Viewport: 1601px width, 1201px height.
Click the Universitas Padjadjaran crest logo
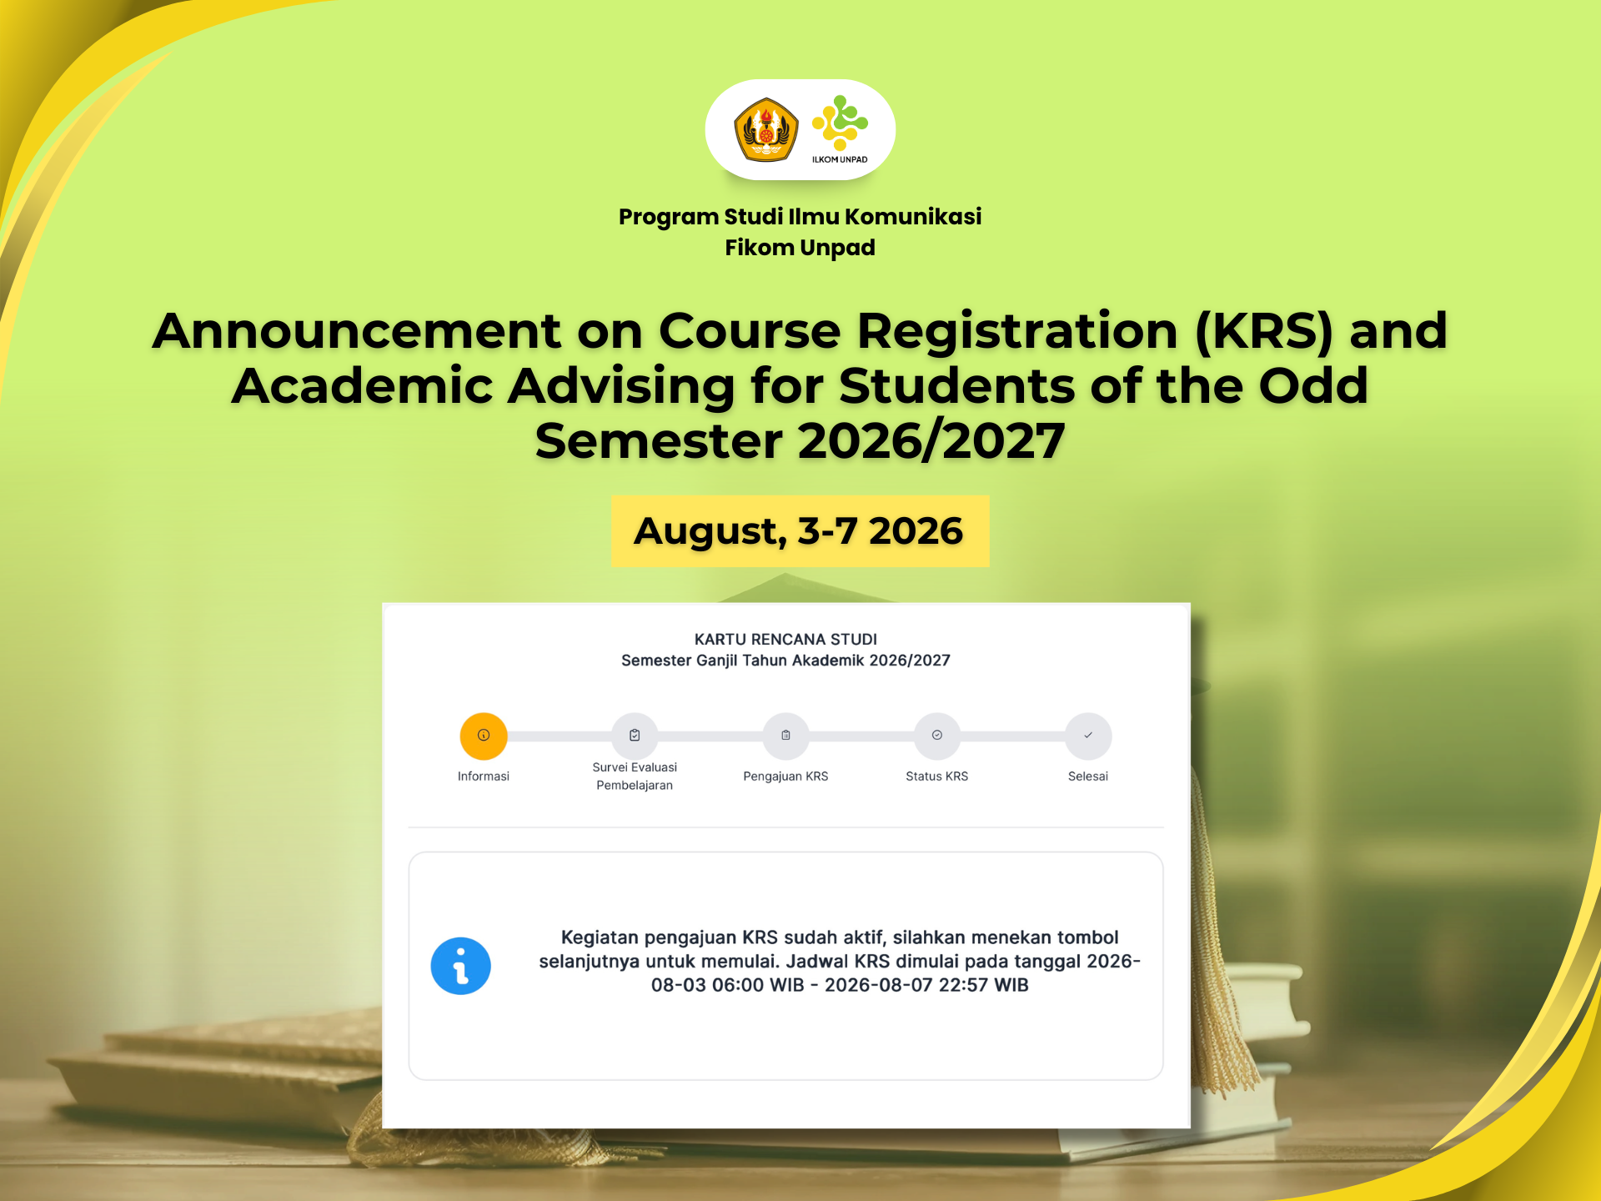765,129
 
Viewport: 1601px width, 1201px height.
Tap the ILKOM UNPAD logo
840,129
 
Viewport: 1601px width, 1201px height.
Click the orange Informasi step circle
484,736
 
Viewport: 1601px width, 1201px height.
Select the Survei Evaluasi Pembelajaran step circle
635,736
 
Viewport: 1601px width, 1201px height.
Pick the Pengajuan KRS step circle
785,736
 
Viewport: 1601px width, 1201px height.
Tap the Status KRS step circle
937,736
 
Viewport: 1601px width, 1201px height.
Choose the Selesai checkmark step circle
1088,736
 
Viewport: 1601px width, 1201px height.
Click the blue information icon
460,966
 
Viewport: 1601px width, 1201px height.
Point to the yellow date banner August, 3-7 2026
800,531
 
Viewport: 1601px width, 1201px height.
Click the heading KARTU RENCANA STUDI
785,639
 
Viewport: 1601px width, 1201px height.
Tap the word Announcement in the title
357,330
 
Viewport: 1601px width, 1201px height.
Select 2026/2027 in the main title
931,440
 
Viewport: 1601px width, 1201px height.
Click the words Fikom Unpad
800,248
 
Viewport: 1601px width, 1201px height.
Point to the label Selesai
1088,776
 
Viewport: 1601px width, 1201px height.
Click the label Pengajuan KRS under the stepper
785,776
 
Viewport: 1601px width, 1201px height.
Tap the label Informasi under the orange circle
484,776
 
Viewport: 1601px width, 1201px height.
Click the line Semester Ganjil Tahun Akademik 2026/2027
785,661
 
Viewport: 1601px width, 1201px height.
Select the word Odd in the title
1313,385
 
